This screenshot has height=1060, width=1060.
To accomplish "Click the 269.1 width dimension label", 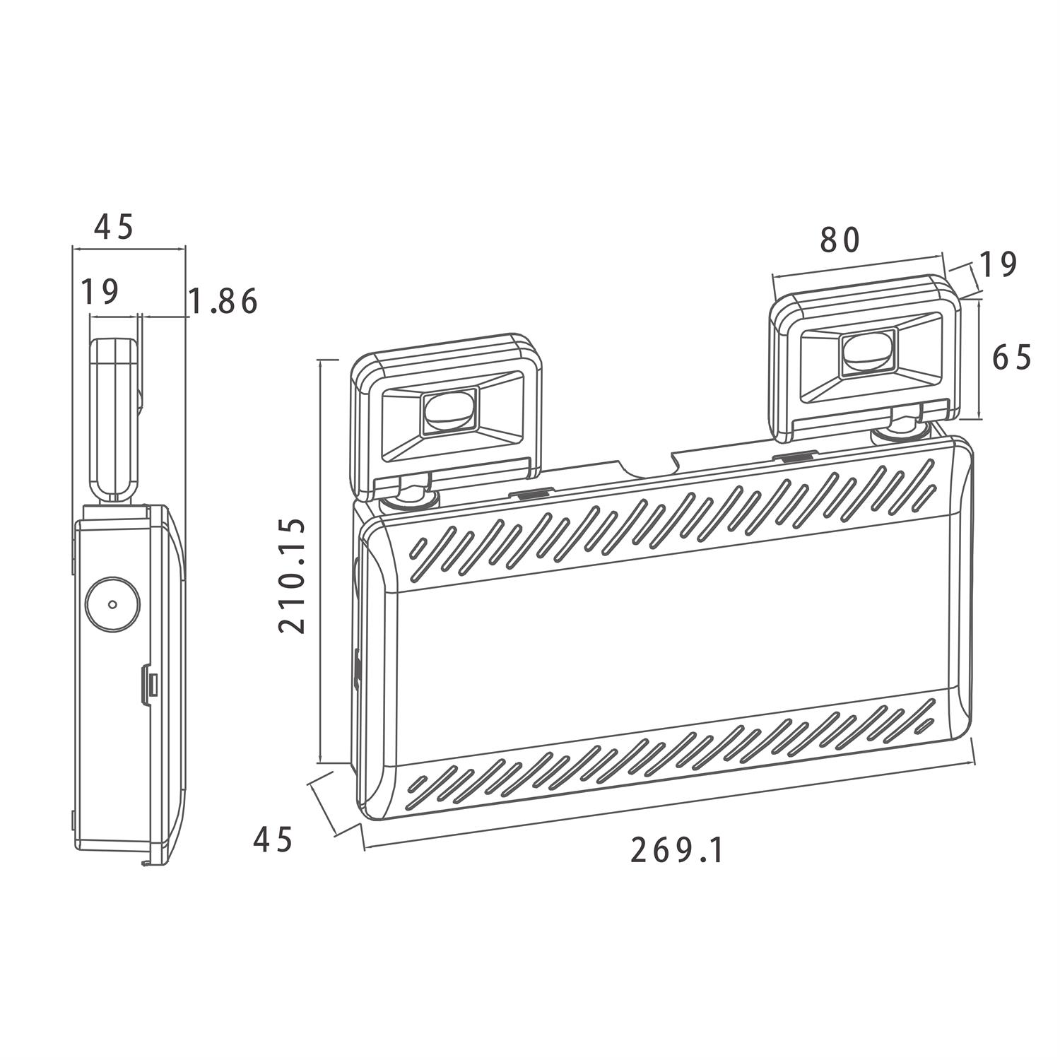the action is (678, 850).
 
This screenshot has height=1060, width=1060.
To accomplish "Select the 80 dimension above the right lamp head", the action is (840, 240).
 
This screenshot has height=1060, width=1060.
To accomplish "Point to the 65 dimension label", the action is (1012, 358).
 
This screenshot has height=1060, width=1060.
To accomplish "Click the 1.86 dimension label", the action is (223, 302).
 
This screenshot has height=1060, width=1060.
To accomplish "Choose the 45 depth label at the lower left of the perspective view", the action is (273, 840).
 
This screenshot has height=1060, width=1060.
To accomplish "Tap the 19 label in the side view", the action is (100, 291).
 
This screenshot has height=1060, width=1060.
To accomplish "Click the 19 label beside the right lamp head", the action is (997, 265).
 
